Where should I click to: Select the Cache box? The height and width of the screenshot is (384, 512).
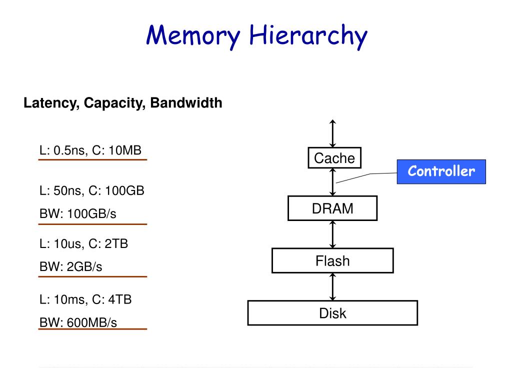click(x=334, y=158)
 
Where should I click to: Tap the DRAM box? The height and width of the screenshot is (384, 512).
click(x=332, y=208)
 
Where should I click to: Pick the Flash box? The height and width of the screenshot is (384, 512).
click(x=332, y=260)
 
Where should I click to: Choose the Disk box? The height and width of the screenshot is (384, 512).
click(x=332, y=313)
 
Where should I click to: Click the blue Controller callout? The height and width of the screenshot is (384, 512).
click(x=441, y=171)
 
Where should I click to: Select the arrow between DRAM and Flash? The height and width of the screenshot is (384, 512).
click(x=333, y=234)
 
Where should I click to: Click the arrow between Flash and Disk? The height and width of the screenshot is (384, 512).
click(x=333, y=286)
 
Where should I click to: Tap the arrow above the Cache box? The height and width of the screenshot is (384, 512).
click(x=333, y=133)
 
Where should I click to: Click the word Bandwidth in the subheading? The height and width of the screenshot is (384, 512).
click(x=186, y=103)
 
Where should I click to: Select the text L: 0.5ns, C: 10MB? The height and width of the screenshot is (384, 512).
click(x=90, y=150)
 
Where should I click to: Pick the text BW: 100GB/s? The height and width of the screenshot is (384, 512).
click(x=78, y=213)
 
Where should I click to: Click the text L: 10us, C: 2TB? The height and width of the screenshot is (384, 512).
click(x=84, y=244)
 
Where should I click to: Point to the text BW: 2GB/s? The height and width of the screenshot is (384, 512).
click(x=71, y=267)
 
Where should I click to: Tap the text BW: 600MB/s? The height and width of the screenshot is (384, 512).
click(x=78, y=322)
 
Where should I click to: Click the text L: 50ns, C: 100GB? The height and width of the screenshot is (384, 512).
click(x=92, y=190)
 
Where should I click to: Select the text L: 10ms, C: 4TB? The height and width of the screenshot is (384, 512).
click(x=85, y=299)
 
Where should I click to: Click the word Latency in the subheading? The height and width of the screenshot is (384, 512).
click(x=50, y=103)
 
